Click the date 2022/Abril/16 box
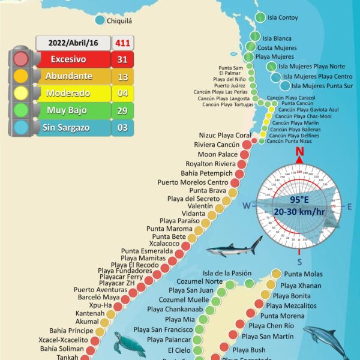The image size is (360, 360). [x=74, y=43]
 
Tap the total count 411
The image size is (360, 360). [x=124, y=43]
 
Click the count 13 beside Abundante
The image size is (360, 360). [x=122, y=76]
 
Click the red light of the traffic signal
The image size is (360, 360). [x=21, y=59]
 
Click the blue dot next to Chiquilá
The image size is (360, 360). [x=100, y=20]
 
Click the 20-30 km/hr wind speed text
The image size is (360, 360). [x=299, y=211]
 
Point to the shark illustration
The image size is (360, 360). [x=235, y=246]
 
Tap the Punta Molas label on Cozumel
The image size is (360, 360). [x=303, y=274]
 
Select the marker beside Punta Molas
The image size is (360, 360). [x=276, y=274]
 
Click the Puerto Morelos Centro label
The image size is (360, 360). [x=193, y=182]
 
